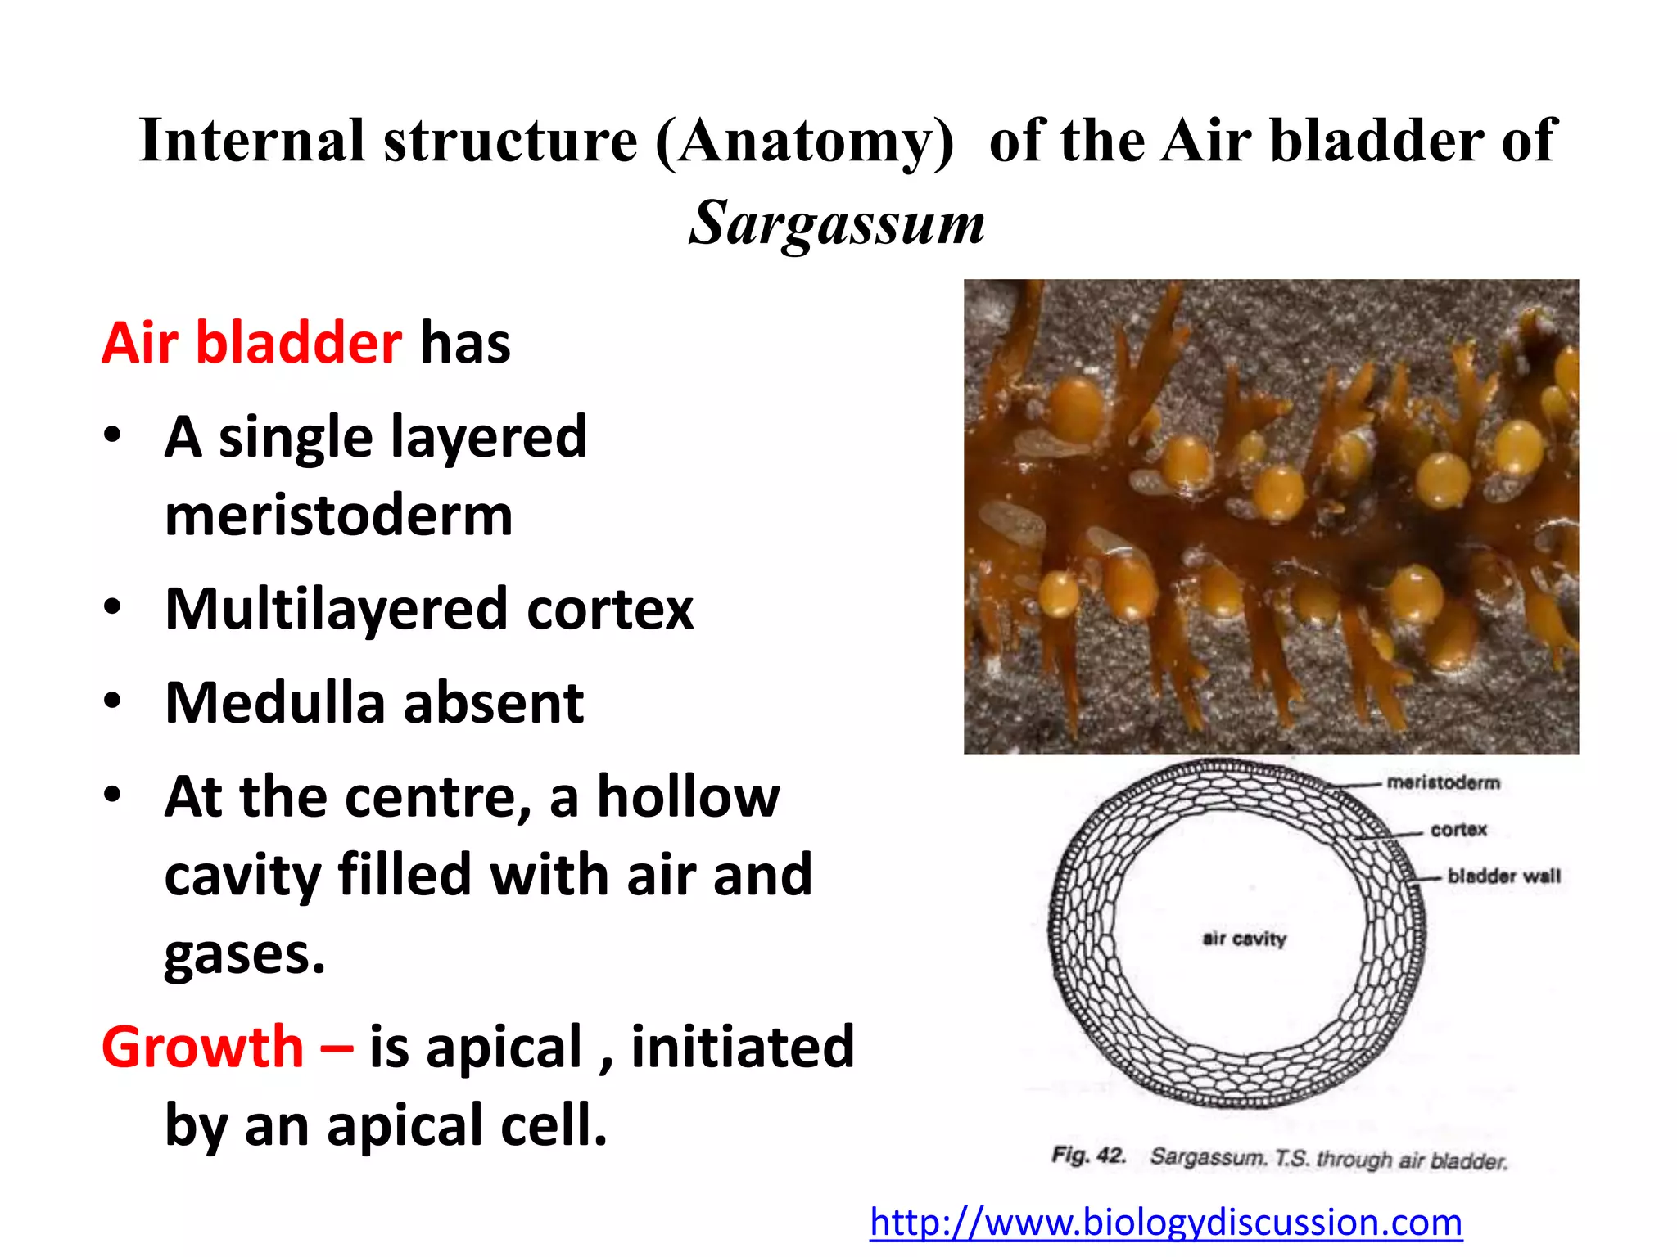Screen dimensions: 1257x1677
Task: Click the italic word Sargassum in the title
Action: [x=836, y=223]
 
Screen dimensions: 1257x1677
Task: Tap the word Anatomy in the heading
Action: [x=805, y=141]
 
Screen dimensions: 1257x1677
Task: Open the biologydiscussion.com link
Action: [x=1165, y=1222]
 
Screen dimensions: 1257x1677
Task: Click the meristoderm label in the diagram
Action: [x=1443, y=782]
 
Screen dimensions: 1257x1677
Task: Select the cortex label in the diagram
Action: [x=1458, y=829]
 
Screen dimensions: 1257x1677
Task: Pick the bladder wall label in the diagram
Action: [x=1503, y=876]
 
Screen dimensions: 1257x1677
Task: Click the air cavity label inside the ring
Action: [x=1244, y=939]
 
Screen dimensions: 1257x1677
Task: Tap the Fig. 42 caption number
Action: [x=1088, y=1156]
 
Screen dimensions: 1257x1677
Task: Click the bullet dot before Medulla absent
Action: [x=113, y=701]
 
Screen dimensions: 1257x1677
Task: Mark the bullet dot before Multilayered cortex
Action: [x=113, y=607]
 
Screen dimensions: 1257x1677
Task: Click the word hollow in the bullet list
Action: [x=688, y=797]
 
